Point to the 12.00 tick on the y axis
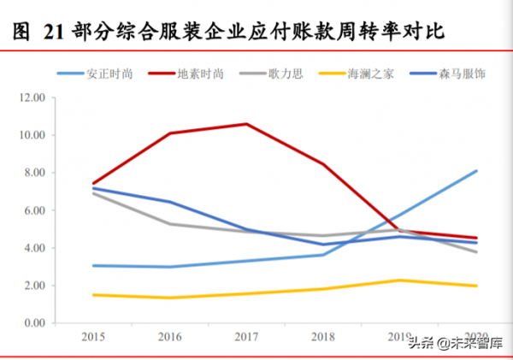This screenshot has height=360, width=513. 32,97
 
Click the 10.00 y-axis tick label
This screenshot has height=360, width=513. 32,135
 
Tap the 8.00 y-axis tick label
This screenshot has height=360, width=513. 34,173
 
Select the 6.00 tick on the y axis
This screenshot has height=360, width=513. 34,210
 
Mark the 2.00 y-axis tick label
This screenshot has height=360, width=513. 34,286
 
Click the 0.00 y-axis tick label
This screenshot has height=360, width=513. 34,323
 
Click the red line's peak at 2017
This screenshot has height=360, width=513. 247,124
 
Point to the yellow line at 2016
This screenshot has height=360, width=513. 169,298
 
